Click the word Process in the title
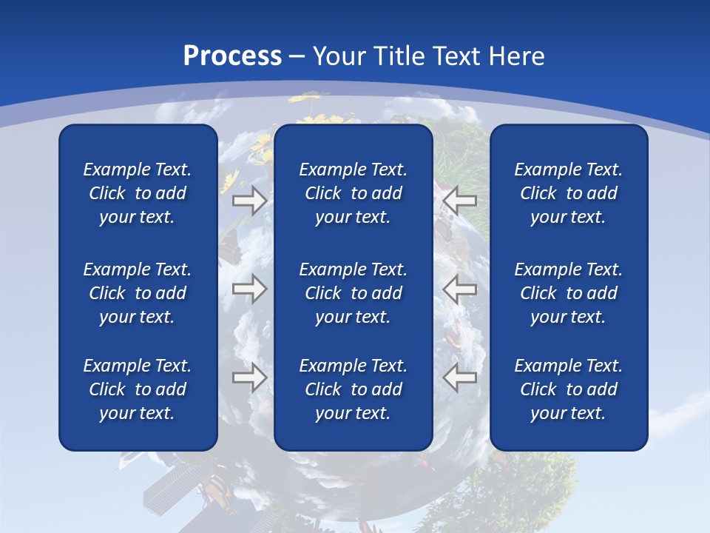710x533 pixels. [x=232, y=56]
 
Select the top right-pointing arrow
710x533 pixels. [x=250, y=201]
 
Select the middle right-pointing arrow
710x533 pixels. [x=250, y=289]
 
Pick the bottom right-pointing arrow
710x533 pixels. [x=250, y=378]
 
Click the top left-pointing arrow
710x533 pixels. [x=460, y=201]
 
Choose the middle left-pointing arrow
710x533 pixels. [x=460, y=289]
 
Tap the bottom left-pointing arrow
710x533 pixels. [x=460, y=378]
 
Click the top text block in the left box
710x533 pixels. [x=138, y=193]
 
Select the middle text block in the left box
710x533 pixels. [x=138, y=293]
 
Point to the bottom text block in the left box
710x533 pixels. [x=138, y=389]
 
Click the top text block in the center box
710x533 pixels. [x=353, y=193]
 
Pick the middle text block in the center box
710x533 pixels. [x=353, y=293]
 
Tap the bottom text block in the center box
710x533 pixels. [x=353, y=389]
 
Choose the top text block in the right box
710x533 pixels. [x=568, y=193]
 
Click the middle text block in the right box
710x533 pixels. [x=568, y=293]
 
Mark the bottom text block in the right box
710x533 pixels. [x=568, y=389]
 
